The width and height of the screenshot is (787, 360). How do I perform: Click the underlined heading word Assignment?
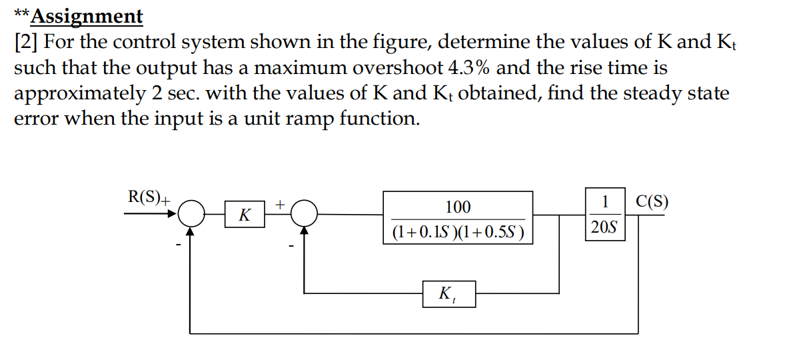(87, 16)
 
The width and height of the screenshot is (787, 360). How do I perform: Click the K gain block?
(245, 215)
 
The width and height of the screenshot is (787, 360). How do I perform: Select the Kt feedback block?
(448, 293)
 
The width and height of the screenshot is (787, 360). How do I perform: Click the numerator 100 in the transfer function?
(458, 207)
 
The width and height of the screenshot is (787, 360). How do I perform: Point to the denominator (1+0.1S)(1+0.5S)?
(458, 232)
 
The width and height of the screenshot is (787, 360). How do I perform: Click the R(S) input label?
(145, 197)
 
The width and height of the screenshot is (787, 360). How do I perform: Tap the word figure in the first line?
(399, 42)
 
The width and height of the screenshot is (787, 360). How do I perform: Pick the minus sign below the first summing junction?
(178, 246)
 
